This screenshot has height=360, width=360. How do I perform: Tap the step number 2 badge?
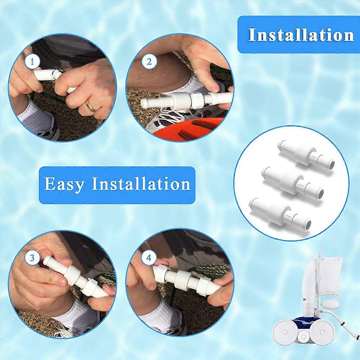coord(149,62)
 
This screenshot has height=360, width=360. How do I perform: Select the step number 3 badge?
coord(32,258)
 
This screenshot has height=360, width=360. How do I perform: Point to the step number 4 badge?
coord(149,258)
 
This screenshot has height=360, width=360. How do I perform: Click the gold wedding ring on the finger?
coord(91,106)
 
